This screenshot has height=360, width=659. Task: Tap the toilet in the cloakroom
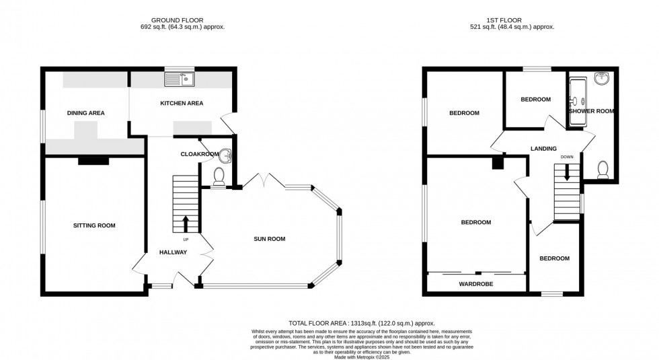tap(219, 176)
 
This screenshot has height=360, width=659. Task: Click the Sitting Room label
tap(94, 225)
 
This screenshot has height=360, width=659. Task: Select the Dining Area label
tap(85, 113)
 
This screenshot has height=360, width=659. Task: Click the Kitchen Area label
tap(181, 103)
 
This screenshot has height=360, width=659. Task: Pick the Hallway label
tap(173, 252)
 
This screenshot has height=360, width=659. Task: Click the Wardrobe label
tap(477, 285)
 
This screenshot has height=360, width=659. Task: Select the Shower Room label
tap(592, 111)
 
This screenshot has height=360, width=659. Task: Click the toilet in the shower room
tap(603, 168)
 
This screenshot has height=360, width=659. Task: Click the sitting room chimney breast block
tap(93, 160)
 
